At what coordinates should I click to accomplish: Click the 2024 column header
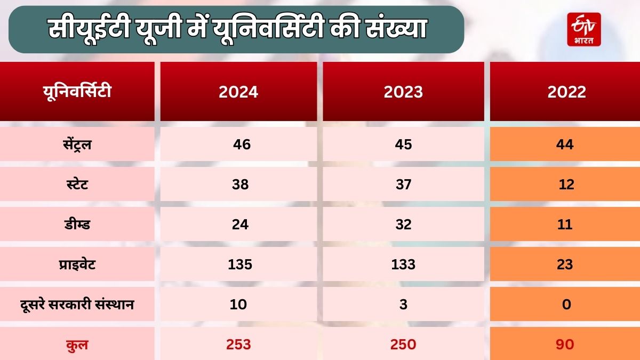[238, 92]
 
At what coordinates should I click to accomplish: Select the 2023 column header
[403, 92]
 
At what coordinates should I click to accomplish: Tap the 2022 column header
[566, 92]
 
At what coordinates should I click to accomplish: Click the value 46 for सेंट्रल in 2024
[242, 144]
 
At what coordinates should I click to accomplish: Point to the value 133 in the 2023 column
[404, 264]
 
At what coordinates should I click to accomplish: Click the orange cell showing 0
[566, 304]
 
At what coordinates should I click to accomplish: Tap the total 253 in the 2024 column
[238, 345]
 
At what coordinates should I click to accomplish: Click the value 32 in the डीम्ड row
[404, 224]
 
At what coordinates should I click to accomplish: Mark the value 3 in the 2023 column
[404, 304]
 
